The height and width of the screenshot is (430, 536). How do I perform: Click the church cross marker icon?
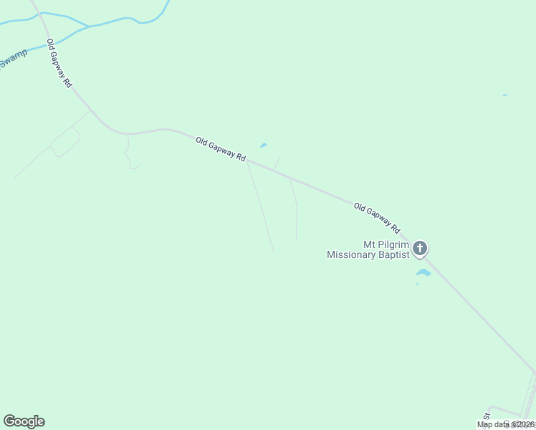420,249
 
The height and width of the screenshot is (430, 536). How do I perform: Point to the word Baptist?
395,254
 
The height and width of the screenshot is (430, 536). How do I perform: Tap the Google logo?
24,421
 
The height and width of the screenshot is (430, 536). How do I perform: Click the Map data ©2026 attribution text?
506,424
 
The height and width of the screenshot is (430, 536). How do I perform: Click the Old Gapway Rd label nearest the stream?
59,63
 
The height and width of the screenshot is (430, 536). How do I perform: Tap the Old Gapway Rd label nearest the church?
376,218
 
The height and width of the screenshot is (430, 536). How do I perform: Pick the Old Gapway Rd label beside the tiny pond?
221,149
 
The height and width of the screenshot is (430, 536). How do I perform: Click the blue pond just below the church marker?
423,272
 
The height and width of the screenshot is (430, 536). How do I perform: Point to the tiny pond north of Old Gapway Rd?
264,145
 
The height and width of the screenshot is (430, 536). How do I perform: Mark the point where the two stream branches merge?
88,27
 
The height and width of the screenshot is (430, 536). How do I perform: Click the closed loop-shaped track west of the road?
64,141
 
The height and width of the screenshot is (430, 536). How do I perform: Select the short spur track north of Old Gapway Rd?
277,163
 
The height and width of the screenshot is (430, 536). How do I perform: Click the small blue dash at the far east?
505,95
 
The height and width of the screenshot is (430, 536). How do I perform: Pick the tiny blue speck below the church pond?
417,285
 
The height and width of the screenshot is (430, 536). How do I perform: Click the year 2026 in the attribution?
524,424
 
